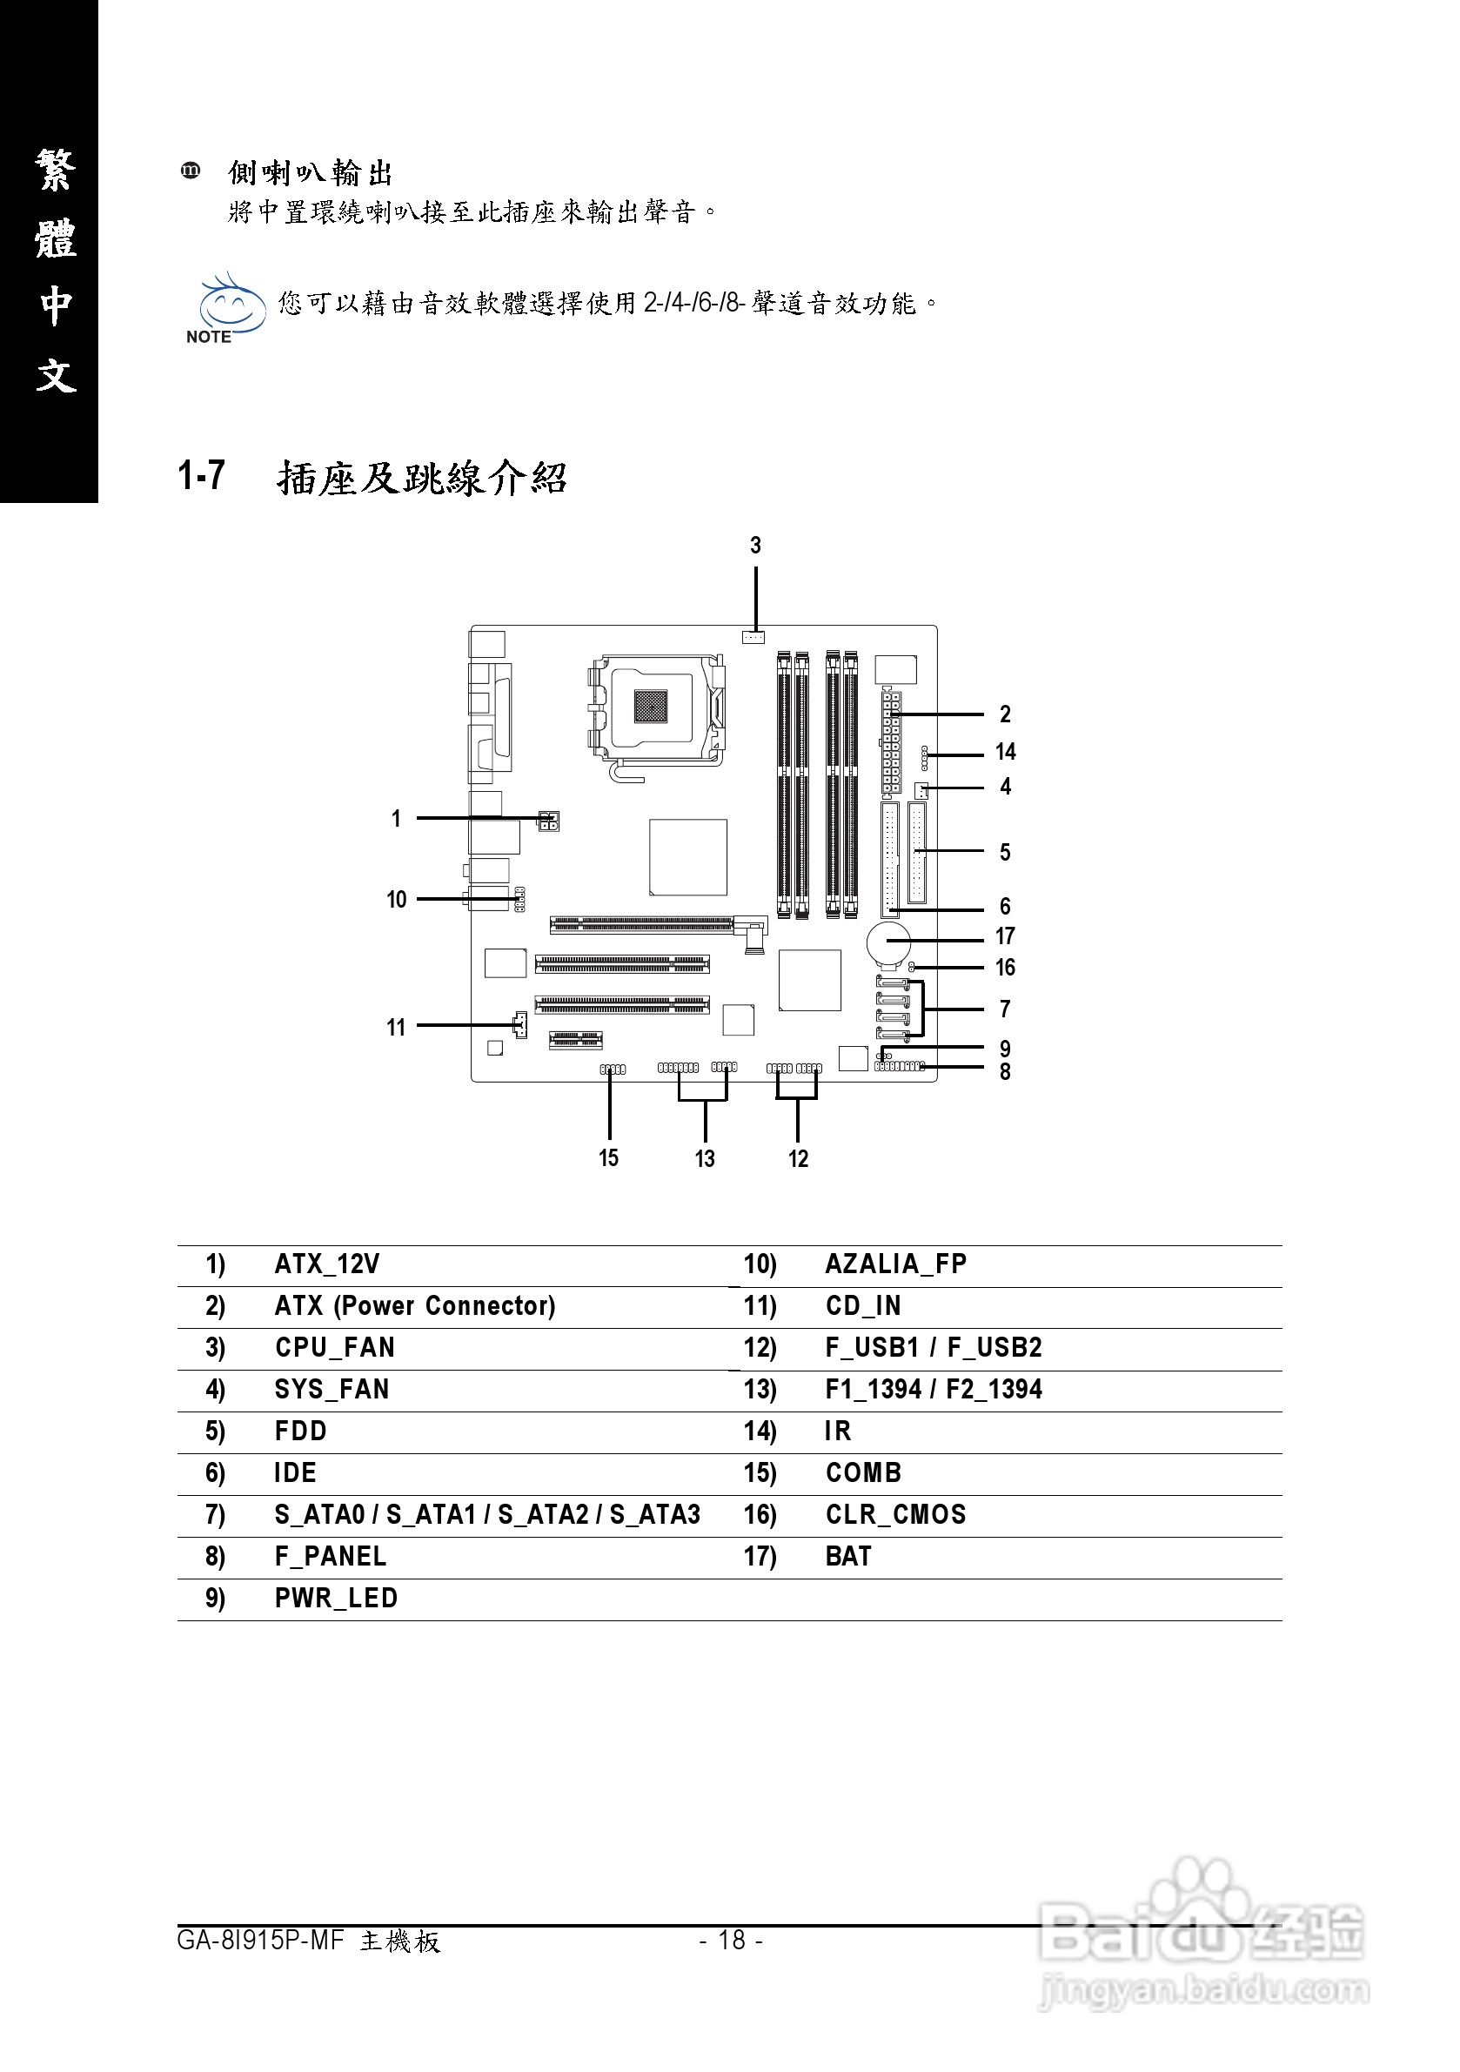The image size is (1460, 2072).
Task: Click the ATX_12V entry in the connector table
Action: click(x=326, y=1264)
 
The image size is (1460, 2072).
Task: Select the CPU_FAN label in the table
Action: click(x=335, y=1347)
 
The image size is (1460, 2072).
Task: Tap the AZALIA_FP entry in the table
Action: click(x=895, y=1264)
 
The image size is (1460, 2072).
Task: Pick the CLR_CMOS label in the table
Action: click(x=895, y=1514)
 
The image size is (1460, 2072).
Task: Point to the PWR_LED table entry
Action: click(x=336, y=1599)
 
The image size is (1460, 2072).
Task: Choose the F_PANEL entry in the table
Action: click(x=331, y=1556)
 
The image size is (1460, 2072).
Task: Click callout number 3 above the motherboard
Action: click(x=755, y=545)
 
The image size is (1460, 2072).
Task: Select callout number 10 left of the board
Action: click(x=396, y=900)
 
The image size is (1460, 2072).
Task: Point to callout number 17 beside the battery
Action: click(x=1004, y=936)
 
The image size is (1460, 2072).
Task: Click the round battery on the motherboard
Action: click(x=889, y=943)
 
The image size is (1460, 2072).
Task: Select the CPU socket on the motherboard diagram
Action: click(x=652, y=707)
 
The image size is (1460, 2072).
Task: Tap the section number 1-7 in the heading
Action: click(x=201, y=476)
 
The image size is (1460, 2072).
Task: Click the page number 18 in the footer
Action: click(x=731, y=1940)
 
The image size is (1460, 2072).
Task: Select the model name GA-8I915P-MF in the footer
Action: click(x=260, y=1941)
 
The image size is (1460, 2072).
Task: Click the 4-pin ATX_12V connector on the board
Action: click(x=548, y=821)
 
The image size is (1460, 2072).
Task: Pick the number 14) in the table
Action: click(x=759, y=1432)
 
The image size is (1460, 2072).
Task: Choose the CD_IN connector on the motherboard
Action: click(x=519, y=1024)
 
